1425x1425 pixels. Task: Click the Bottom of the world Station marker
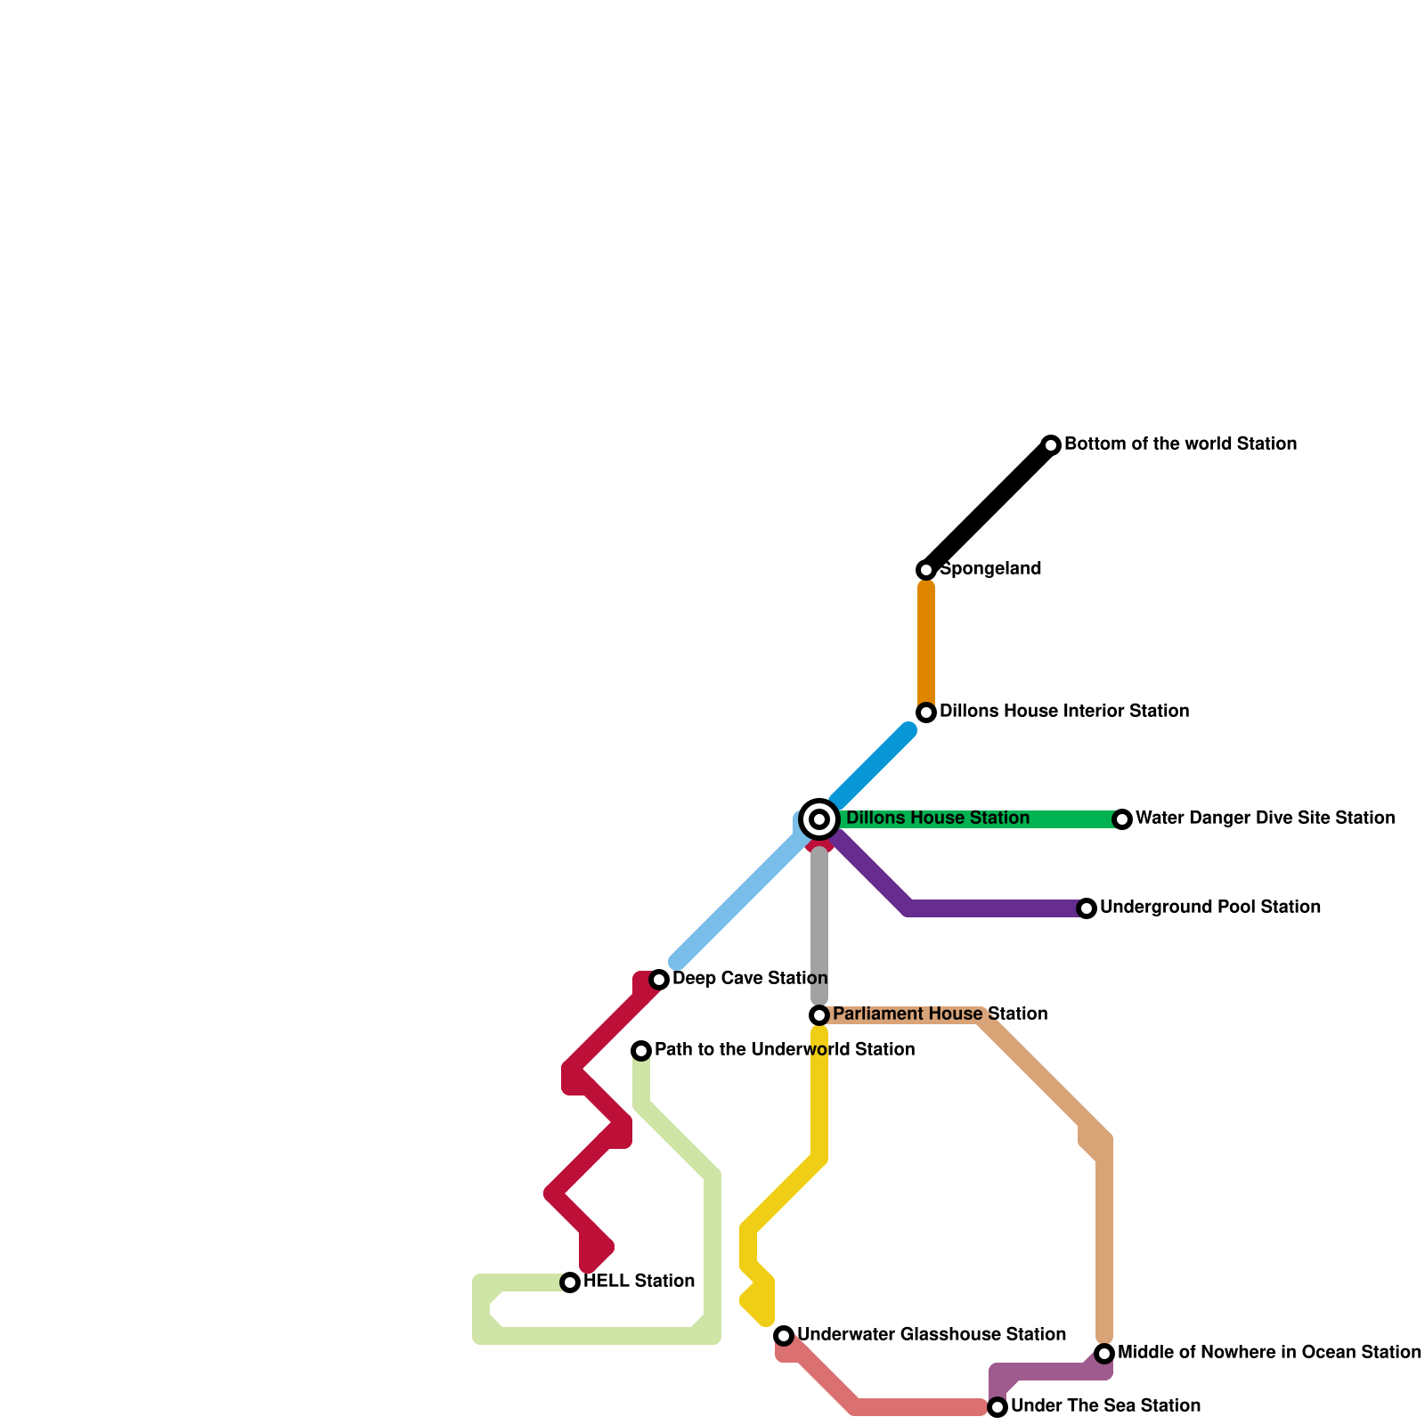(x=1051, y=445)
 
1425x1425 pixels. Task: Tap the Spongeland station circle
(x=926, y=570)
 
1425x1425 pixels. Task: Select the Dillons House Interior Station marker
(x=926, y=712)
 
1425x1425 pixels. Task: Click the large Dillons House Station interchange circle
(x=819, y=819)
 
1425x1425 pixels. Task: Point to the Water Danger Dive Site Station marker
(x=1122, y=819)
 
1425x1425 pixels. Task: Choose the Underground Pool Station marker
(x=1087, y=908)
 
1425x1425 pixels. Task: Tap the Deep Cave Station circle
(x=659, y=980)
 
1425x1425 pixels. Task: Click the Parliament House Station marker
(x=819, y=1015)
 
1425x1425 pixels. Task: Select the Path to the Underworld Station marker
(x=641, y=1051)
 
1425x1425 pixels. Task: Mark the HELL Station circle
(x=570, y=1282)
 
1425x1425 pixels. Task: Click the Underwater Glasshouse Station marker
(x=784, y=1336)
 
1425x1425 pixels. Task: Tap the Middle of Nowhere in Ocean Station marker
(x=1104, y=1354)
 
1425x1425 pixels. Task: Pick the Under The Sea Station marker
(x=997, y=1407)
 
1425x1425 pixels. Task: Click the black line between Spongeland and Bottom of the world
(x=989, y=508)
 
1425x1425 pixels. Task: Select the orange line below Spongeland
(x=926, y=641)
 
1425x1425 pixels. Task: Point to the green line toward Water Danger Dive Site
(x=1069, y=819)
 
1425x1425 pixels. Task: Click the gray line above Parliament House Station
(x=819, y=926)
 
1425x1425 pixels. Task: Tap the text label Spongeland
(x=990, y=569)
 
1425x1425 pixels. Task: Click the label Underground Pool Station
(x=1209, y=908)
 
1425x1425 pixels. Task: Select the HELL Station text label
(x=639, y=1282)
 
